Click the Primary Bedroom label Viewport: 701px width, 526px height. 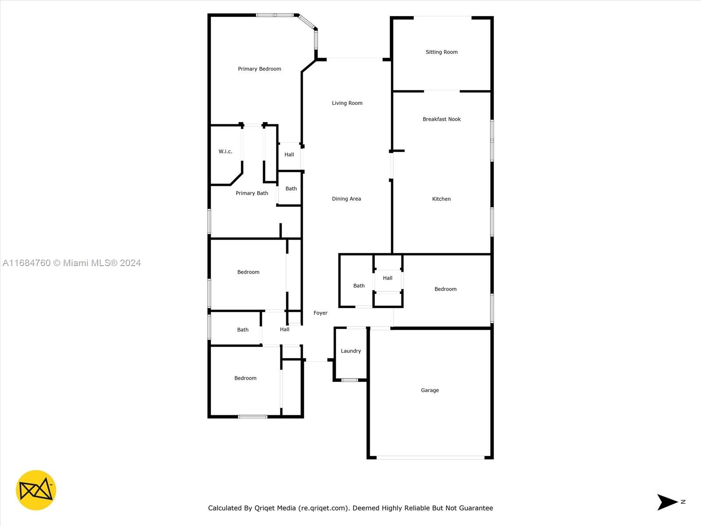coord(259,69)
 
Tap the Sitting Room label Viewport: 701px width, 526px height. coord(441,52)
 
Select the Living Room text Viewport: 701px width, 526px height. coord(347,103)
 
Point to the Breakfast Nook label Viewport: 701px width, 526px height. coord(441,119)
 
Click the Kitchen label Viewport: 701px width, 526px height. coord(441,199)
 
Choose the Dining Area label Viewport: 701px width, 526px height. coord(346,199)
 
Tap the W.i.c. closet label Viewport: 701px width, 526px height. coord(225,151)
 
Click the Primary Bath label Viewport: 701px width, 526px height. coord(251,193)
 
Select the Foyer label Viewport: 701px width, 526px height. coord(320,313)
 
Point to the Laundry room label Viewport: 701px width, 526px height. coord(350,351)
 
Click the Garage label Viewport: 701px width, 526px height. coord(429,390)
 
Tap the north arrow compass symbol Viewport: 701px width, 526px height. coord(667,502)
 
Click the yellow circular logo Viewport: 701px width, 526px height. coord(36,490)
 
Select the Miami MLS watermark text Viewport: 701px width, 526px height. coord(71,263)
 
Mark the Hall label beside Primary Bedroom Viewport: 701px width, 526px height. coord(289,155)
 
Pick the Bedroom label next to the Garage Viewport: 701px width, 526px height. coord(445,289)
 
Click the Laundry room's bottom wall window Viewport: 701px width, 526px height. coord(349,380)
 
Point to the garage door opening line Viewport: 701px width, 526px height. coord(430,458)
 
